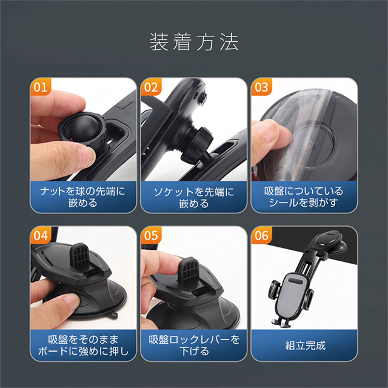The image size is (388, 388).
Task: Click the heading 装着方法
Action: pyautogui.click(x=194, y=42)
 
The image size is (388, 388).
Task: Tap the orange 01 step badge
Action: pyautogui.click(x=41, y=87)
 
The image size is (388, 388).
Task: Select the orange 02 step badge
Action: pyautogui.click(x=151, y=87)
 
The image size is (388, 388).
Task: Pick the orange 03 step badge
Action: pyautogui.click(x=261, y=87)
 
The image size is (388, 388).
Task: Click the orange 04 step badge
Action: pyautogui.click(x=41, y=235)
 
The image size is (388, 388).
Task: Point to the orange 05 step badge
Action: pyautogui.click(x=151, y=235)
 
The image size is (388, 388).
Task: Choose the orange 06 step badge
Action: pyautogui.click(x=261, y=235)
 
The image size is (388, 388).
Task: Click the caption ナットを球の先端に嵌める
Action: pyautogui.click(x=83, y=197)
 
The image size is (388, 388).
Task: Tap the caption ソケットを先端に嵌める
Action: pyautogui.click(x=194, y=198)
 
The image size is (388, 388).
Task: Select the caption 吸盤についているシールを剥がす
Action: pyautogui.click(x=304, y=197)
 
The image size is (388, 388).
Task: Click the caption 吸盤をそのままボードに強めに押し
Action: pyautogui.click(x=83, y=346)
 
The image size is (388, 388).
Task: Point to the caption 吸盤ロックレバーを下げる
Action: pyautogui.click(x=194, y=346)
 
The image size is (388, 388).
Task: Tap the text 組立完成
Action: pyautogui.click(x=306, y=346)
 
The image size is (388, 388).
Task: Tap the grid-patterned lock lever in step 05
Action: pyautogui.click(x=189, y=271)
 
